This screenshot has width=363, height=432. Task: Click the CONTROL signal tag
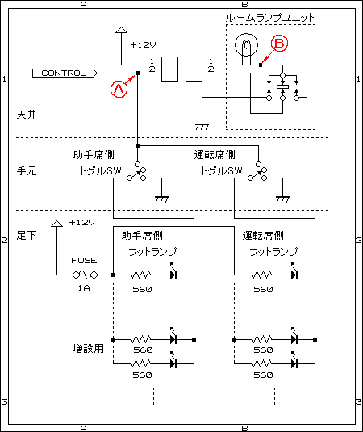65,73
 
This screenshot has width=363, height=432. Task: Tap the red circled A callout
119,89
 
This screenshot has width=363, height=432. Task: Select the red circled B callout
279,44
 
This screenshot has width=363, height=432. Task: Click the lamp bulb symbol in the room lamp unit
246,44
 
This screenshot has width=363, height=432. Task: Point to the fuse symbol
85,275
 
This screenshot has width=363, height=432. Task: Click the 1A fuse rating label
84,288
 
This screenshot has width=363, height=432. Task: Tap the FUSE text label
84,260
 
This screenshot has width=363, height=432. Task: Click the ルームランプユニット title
269,18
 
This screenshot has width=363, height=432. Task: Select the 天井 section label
27,115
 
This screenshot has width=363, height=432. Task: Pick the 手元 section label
27,171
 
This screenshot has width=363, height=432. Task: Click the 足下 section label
27,235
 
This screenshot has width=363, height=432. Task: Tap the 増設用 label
89,349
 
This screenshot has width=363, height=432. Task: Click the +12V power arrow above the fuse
57,224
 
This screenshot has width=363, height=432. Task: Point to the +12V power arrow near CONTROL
121,31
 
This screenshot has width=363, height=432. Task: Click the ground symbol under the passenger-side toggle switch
161,199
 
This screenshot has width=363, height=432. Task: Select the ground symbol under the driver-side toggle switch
282,199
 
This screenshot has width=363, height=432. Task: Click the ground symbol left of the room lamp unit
202,127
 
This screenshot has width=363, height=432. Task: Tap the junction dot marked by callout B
261,65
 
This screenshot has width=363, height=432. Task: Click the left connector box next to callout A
169,69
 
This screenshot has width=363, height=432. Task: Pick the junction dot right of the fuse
114,275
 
